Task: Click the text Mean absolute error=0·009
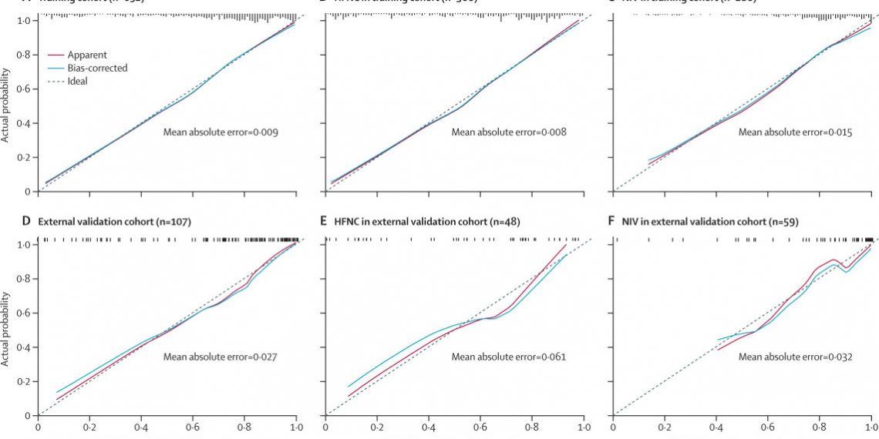(221, 132)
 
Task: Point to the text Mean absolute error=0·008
(509, 132)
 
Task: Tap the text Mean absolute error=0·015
(796, 132)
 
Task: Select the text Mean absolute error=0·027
(221, 357)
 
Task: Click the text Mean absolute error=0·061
(509, 357)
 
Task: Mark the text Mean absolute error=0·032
(796, 357)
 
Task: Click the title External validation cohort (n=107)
(114, 222)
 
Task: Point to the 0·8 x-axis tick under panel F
(820, 426)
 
